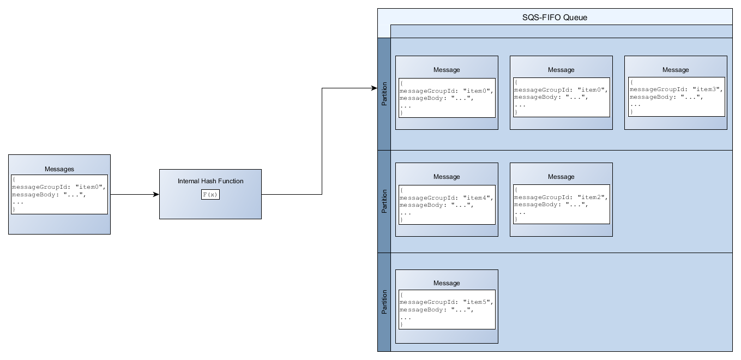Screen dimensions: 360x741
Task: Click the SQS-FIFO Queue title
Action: (555, 17)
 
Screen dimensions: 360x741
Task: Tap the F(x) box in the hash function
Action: (210, 195)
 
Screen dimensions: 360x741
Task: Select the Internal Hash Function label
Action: (210, 181)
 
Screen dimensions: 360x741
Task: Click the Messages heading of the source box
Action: (59, 170)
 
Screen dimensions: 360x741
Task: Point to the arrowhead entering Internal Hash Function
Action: (156, 194)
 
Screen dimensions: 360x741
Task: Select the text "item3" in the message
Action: (708, 89)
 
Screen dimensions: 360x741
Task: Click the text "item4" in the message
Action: (478, 197)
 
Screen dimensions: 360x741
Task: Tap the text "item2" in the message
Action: (593, 197)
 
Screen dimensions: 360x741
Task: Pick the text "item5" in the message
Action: (478, 302)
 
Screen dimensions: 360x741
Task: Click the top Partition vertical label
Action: (384, 94)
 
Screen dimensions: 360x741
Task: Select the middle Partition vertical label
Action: (384, 201)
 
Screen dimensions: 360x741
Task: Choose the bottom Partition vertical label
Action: (384, 302)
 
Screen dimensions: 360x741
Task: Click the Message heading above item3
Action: (676, 70)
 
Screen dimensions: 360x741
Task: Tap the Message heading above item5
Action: (447, 283)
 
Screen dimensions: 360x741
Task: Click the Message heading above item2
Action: (561, 177)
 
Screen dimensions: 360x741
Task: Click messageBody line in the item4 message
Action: (436, 205)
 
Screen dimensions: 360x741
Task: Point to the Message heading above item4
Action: (447, 177)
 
